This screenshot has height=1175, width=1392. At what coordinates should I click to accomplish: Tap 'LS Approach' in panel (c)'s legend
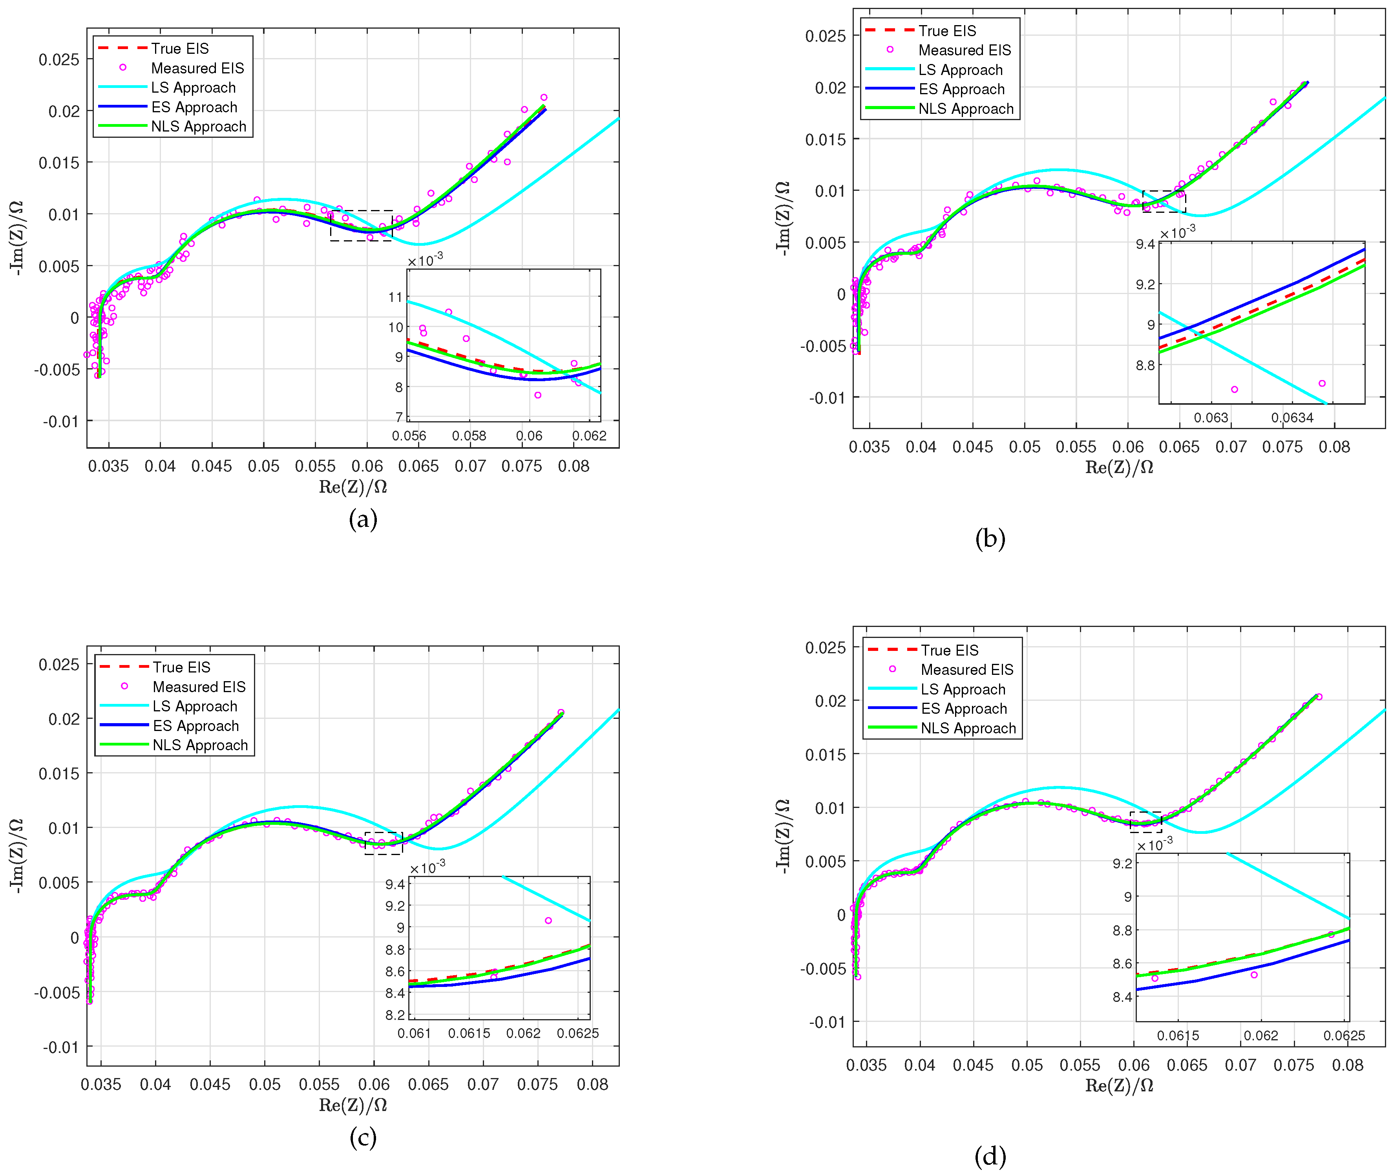click(x=194, y=706)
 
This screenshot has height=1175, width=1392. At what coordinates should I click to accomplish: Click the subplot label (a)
click(x=363, y=519)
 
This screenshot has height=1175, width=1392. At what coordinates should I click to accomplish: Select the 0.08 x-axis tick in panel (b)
click(x=1334, y=447)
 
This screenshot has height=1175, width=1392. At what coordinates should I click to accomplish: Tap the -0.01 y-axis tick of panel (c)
click(x=60, y=1047)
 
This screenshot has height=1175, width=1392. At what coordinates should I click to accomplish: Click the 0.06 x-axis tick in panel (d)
click(x=1134, y=1065)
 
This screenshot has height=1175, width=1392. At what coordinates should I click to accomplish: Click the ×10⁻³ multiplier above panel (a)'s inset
click(x=425, y=260)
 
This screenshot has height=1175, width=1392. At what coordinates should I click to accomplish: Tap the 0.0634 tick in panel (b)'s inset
click(x=1292, y=418)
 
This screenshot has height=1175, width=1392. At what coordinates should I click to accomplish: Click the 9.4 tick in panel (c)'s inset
click(x=395, y=884)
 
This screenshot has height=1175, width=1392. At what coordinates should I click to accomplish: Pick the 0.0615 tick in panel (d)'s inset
click(x=1178, y=1036)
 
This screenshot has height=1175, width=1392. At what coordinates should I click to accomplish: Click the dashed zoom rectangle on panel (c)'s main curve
click(x=384, y=843)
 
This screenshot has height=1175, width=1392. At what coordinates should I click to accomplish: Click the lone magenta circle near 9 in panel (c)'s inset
click(x=548, y=921)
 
